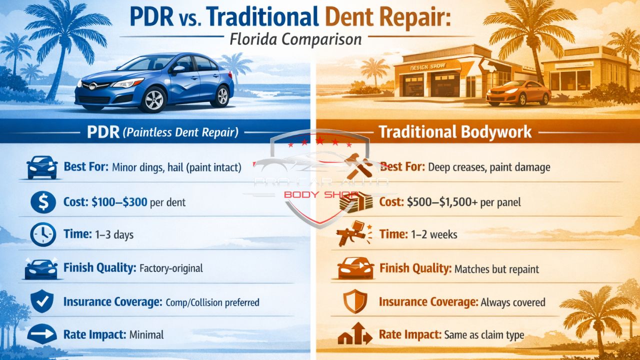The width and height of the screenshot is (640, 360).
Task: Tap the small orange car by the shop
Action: [518, 93]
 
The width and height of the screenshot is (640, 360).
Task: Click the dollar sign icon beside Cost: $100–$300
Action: [43, 202]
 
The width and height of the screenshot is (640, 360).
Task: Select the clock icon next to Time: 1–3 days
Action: [43, 234]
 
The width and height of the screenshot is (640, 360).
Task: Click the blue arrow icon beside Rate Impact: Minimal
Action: [42, 334]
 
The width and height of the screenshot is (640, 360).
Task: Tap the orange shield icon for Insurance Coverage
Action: [355, 302]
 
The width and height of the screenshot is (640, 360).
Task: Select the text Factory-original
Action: [171, 268]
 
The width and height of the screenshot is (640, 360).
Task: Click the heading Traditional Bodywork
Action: [455, 132]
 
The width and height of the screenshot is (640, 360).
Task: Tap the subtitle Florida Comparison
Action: [295, 39]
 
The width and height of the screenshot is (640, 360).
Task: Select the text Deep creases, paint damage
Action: [489, 167]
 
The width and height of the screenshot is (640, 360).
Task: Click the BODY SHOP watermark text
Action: [317, 194]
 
